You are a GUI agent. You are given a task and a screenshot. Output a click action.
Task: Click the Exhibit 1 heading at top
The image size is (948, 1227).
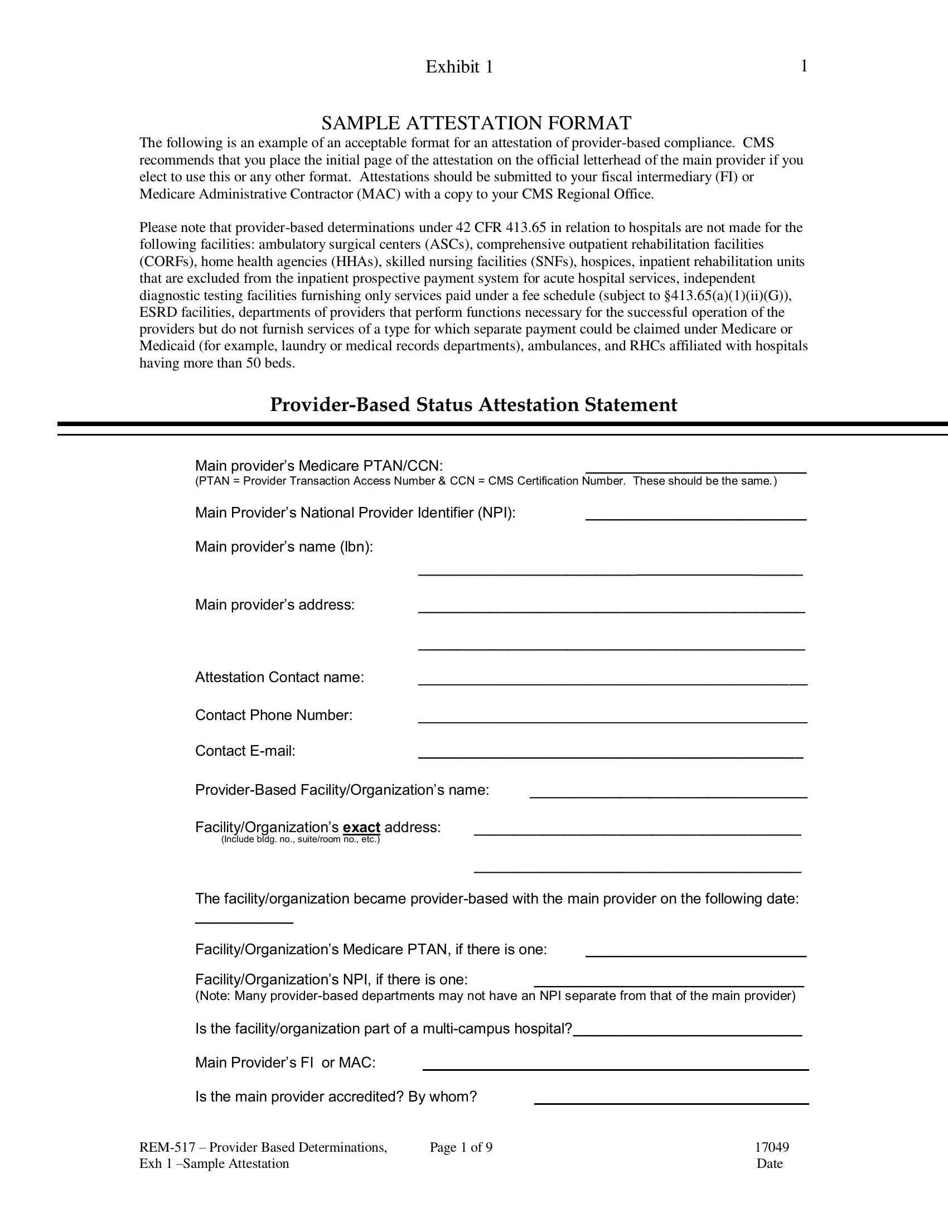coord(459,67)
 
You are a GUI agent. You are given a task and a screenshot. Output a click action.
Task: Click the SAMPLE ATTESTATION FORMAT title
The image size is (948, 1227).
coord(476,123)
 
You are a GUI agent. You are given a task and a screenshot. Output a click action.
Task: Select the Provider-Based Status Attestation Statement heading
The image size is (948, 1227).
coord(473,404)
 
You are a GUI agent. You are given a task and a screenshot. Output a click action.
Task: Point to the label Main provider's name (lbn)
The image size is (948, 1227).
coord(284,547)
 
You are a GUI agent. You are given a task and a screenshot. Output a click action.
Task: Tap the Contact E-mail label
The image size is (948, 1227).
coord(245,751)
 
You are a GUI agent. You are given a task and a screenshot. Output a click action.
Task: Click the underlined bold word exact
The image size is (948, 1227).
coord(361,828)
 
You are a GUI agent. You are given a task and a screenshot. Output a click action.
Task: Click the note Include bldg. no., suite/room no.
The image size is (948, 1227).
coord(301,840)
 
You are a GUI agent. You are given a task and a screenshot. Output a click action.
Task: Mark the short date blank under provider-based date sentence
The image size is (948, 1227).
coord(244,922)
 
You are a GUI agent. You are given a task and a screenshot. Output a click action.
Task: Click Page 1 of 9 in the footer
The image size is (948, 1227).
coord(461,1147)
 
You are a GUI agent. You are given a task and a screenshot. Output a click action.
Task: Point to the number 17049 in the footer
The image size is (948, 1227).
coord(771,1147)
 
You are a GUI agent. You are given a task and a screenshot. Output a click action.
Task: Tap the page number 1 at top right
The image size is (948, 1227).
coord(804,66)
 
